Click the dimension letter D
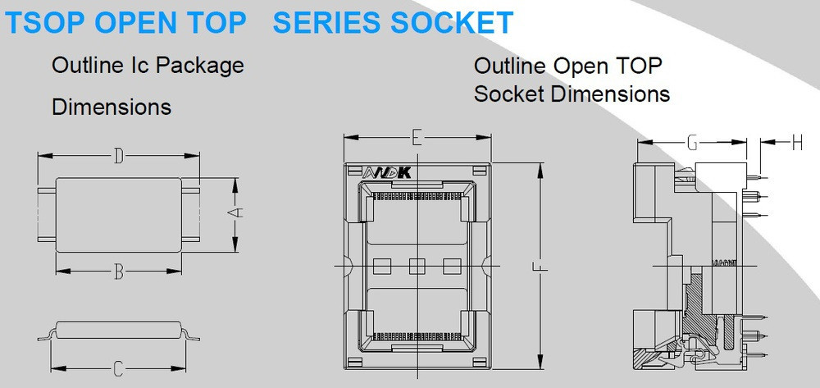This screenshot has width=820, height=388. pos(119,156)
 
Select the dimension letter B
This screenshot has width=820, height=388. pos(119,272)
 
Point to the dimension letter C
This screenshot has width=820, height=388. pos(119,369)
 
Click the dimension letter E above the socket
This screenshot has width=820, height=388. pos(417,138)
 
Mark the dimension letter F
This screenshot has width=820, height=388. pos(540,267)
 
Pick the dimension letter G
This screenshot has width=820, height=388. pos(692,142)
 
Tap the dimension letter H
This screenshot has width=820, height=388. pos(797,142)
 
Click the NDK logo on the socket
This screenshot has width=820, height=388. pos(387,172)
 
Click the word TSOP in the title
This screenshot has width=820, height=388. pos(45,23)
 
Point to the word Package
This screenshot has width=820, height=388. pos(200,66)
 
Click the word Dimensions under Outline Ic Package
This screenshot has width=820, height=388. pos(112,107)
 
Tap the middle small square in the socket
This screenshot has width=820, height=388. pos(417,266)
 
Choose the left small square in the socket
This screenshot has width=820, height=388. pos(383,266)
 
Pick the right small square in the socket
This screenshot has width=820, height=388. pos(452,266)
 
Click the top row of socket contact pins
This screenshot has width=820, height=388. pos(417,197)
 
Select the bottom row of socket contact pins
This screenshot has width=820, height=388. pos(417,333)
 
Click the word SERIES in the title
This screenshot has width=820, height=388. pos(316,23)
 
